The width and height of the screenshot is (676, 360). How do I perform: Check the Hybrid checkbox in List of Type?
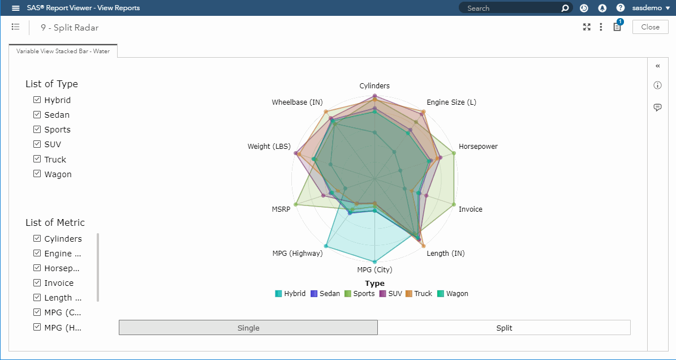(x=37, y=100)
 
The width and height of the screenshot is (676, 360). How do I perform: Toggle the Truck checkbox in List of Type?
(x=37, y=159)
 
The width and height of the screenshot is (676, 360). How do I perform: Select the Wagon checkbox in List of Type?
(x=37, y=174)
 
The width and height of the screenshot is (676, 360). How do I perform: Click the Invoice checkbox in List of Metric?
(x=37, y=282)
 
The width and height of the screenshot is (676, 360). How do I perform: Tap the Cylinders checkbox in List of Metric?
(x=37, y=238)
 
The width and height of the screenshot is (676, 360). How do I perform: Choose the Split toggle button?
(x=503, y=328)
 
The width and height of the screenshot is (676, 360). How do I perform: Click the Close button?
(x=650, y=27)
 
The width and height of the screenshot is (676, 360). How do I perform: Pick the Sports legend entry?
(x=360, y=294)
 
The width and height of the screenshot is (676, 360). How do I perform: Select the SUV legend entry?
(x=390, y=294)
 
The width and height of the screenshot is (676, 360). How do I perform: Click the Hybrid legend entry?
(x=290, y=294)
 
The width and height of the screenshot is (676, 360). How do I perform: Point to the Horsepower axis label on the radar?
(x=478, y=147)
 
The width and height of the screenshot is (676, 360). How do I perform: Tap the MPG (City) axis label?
(x=374, y=269)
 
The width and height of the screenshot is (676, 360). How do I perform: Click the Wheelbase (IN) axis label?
(x=297, y=102)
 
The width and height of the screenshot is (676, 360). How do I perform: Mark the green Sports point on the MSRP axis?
(x=295, y=204)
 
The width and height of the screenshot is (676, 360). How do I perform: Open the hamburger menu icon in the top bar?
(x=16, y=8)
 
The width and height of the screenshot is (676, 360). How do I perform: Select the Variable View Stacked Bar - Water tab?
(x=63, y=51)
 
